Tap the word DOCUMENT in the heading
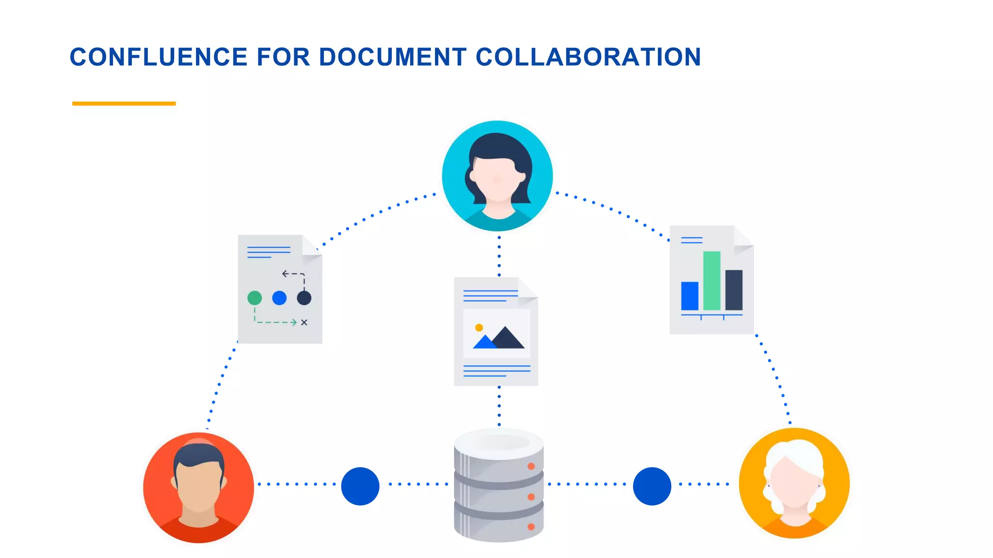pos(393,57)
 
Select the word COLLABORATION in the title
pos(588,57)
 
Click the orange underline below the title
pos(124,103)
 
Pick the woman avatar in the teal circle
pos(497,176)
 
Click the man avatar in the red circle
pos(198,487)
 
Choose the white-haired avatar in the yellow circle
pos(794,483)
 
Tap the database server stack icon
pos(498,484)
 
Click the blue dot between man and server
pos(360,486)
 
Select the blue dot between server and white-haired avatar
pos(652,486)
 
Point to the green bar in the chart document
pos(712,280)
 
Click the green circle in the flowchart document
pos(255,298)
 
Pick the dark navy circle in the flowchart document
pos(304,298)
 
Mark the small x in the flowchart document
pos(304,322)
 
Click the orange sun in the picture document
pos(479,327)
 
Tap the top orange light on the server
pos(531,466)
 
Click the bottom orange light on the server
pos(531,527)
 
